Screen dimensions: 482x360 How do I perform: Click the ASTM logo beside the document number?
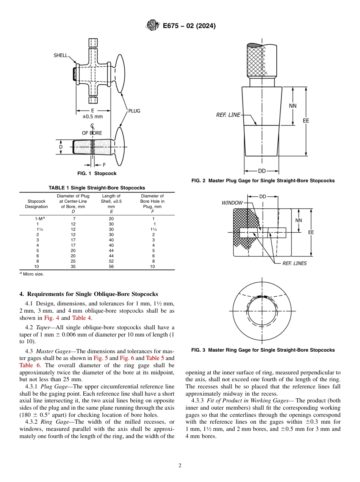(x=153, y=26)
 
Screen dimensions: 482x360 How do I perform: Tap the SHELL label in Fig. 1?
(x=61, y=55)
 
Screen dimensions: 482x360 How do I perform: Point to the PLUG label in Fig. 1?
(x=134, y=111)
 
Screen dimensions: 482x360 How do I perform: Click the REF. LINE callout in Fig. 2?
(x=228, y=115)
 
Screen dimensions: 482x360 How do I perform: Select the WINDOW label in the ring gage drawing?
(x=232, y=203)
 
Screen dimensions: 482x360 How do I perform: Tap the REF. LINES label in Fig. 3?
(x=294, y=263)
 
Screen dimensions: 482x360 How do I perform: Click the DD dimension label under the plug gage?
(x=261, y=171)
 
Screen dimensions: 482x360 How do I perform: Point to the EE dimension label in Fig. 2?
(x=306, y=121)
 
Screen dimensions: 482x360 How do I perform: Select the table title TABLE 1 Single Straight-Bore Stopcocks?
(x=97, y=188)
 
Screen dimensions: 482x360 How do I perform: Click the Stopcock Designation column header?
(x=36, y=204)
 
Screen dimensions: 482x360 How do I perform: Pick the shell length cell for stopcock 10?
(x=111, y=266)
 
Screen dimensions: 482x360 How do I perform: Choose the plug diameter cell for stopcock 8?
(x=73, y=261)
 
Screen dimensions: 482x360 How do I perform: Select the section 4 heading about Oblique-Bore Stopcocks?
(x=88, y=294)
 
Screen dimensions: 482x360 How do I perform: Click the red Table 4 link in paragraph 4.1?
(x=79, y=318)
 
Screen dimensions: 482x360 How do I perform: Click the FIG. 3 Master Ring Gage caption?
(x=263, y=350)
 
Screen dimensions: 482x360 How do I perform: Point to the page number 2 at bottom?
(x=180, y=466)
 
